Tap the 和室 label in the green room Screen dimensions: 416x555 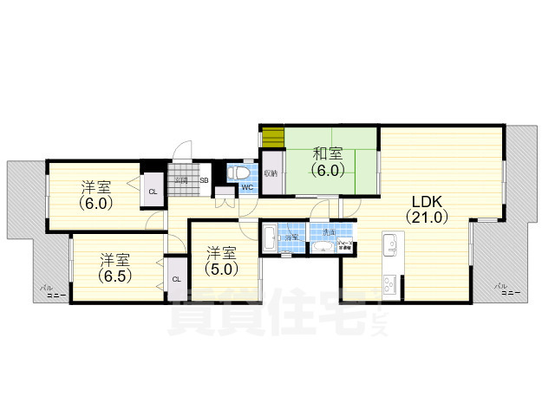click(x=328, y=153)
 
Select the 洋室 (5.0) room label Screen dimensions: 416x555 click(x=222, y=253)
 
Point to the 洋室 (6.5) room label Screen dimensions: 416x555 click(x=114, y=259)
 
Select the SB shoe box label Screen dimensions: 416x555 click(x=205, y=180)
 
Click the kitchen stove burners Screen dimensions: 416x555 click(x=389, y=282)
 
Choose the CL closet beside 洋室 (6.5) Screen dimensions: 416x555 click(x=176, y=279)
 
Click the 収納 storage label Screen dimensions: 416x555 click(x=270, y=173)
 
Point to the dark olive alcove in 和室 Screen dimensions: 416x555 click(x=274, y=136)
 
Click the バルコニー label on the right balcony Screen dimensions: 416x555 click(x=506, y=289)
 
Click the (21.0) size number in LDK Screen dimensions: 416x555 click(x=429, y=218)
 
